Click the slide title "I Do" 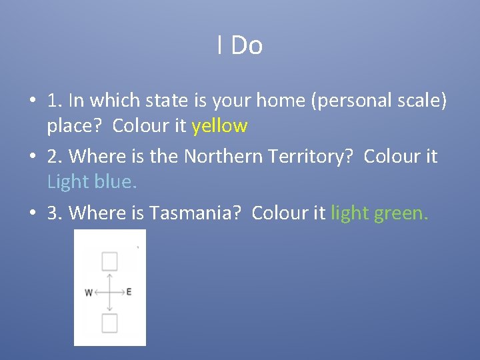click(x=240, y=45)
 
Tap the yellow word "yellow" click(x=219, y=125)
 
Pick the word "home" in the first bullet click(x=292, y=101)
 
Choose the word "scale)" click(x=423, y=101)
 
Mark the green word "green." click(x=401, y=213)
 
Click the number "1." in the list click(x=55, y=101)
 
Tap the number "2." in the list click(x=55, y=157)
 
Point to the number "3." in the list click(x=55, y=213)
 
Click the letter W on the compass click(x=89, y=292)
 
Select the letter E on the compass click(x=129, y=292)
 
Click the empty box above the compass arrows click(x=109, y=261)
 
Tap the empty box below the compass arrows click(x=109, y=323)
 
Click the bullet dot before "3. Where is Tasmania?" click(x=32, y=213)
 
